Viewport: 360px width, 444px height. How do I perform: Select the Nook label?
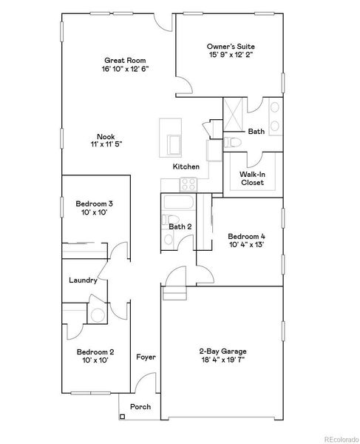tap(105, 135)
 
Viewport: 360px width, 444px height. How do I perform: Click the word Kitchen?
tap(186, 167)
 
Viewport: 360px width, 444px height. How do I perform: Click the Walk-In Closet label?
tap(253, 178)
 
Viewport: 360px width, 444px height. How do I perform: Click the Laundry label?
tap(82, 280)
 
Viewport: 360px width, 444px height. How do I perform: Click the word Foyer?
tap(146, 357)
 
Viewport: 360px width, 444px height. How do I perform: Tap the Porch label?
tap(140, 407)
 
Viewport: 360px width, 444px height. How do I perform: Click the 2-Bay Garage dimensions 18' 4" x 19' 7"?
tap(222, 360)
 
